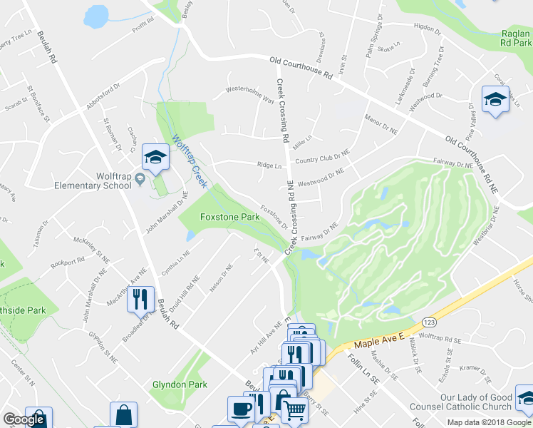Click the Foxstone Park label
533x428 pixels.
click(x=229, y=216)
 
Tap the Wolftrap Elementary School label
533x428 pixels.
click(x=93, y=180)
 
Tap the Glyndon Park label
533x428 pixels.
click(x=180, y=384)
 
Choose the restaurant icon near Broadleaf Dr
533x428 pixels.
click(x=140, y=298)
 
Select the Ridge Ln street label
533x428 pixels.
click(x=269, y=165)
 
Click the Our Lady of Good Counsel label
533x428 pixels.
click(x=476, y=402)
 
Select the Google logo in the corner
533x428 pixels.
click(x=24, y=419)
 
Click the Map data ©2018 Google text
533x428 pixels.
click(x=489, y=422)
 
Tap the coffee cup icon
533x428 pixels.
click(x=240, y=409)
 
